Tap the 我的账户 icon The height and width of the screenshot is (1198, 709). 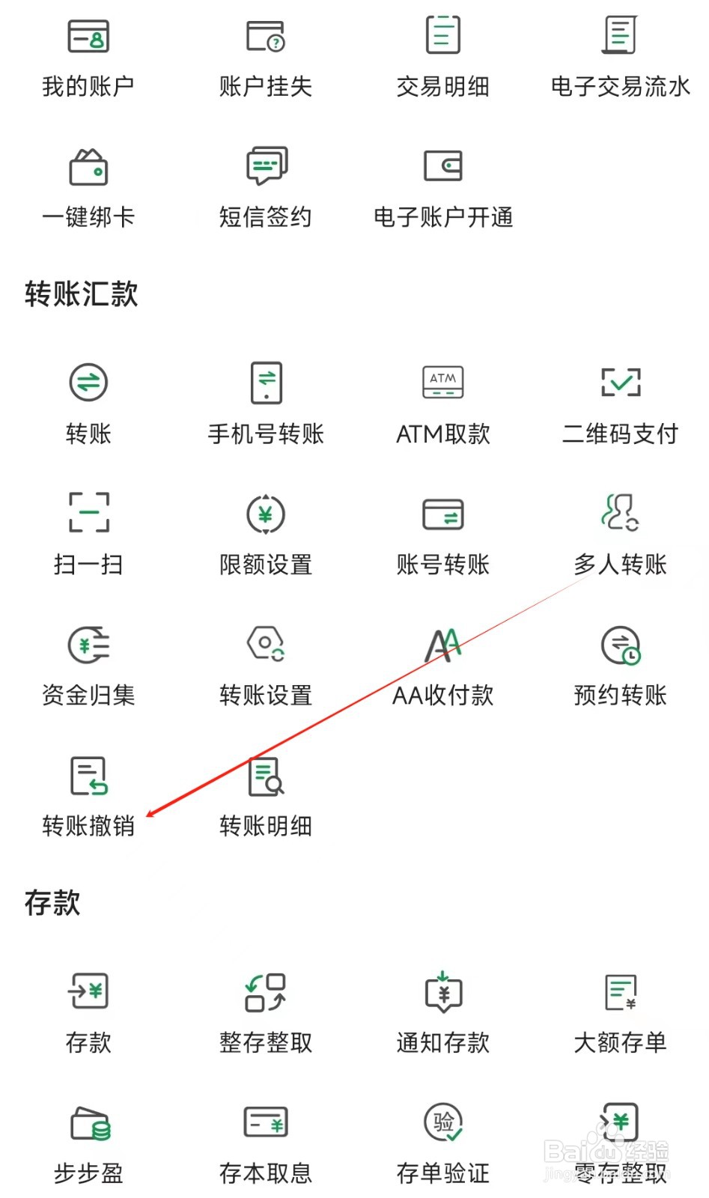point(88,35)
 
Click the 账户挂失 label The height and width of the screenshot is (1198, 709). point(265,87)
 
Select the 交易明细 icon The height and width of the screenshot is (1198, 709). point(442,35)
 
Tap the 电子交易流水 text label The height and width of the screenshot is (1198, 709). point(620,87)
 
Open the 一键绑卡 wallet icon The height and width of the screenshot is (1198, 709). point(88,166)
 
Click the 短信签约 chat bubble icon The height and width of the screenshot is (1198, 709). point(266,165)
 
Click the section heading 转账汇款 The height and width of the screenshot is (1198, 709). point(81,294)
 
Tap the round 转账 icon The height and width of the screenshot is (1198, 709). point(88,383)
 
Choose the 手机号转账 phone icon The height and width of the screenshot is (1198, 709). point(266,383)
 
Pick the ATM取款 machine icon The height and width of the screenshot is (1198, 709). point(442,383)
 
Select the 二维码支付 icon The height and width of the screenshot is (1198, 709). point(620,383)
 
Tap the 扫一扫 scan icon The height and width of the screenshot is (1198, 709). point(88,513)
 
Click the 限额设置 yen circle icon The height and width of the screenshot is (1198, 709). point(266,514)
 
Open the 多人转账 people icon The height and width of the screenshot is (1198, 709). point(620,512)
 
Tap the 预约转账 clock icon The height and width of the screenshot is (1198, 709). point(621,645)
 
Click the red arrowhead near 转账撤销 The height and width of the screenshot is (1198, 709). point(150,814)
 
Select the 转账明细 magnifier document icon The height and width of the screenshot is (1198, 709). point(266,776)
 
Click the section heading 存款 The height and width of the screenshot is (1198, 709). point(52,902)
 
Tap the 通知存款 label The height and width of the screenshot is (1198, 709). point(442,1042)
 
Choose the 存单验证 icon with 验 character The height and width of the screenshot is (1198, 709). point(443,1122)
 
